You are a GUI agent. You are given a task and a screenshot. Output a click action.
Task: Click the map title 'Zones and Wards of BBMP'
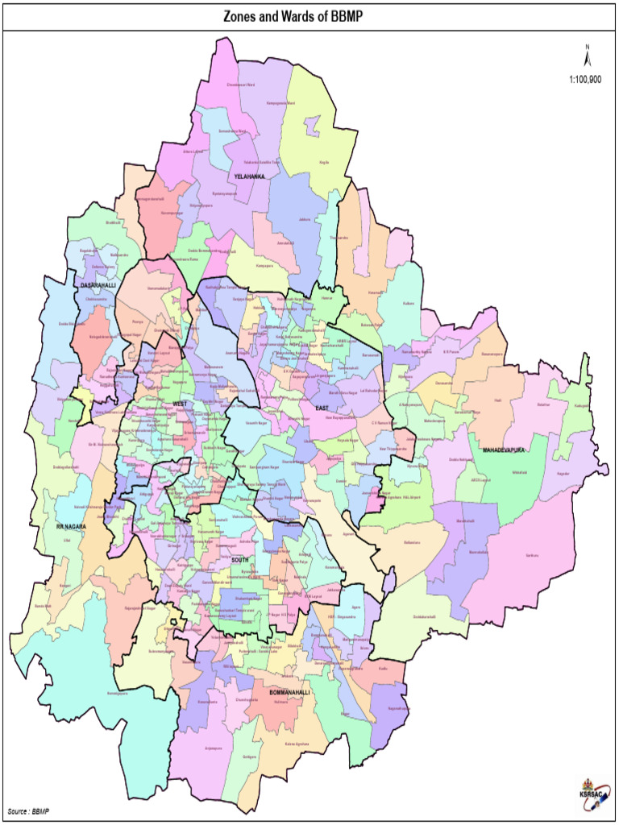pyautogui.click(x=309, y=16)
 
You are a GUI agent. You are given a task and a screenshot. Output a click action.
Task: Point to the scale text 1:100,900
pyautogui.click(x=585, y=79)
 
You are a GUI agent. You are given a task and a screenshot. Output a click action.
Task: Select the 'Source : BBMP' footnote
pyautogui.click(x=28, y=810)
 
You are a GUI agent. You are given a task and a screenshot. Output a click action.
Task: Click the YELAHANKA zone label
pyautogui.click(x=249, y=176)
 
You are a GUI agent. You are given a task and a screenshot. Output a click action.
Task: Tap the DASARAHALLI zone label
pyautogui.click(x=98, y=285)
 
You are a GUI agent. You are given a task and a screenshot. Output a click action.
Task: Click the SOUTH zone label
pyautogui.click(x=240, y=558)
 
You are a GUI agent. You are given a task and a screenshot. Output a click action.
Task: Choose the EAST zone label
pyautogui.click(x=322, y=409)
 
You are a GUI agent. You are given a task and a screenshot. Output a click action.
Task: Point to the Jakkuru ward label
pyautogui.click(x=304, y=219)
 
